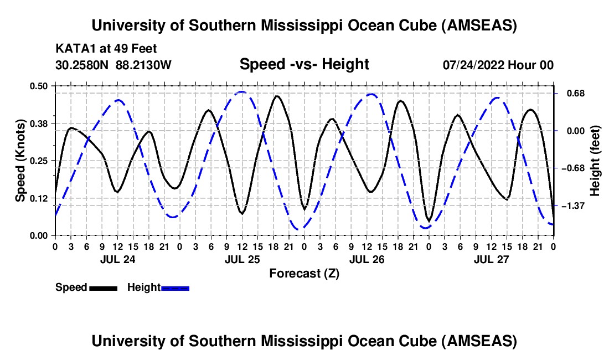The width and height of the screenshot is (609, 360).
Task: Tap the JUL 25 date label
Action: (x=241, y=259)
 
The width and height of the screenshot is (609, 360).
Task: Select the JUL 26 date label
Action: (x=365, y=259)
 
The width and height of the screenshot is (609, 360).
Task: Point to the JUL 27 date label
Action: (x=490, y=259)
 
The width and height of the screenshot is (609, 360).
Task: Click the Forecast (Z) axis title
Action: (x=304, y=273)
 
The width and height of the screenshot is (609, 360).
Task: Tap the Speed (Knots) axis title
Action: (x=20, y=161)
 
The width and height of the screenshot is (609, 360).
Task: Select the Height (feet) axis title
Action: (x=595, y=161)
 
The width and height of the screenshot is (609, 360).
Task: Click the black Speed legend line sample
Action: (x=103, y=288)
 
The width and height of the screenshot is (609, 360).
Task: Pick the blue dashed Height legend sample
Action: (x=176, y=288)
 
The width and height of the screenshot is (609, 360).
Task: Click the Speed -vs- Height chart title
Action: (x=304, y=64)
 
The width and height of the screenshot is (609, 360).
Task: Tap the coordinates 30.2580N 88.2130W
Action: (x=113, y=65)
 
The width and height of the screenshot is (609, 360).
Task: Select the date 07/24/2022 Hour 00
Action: (x=498, y=65)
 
